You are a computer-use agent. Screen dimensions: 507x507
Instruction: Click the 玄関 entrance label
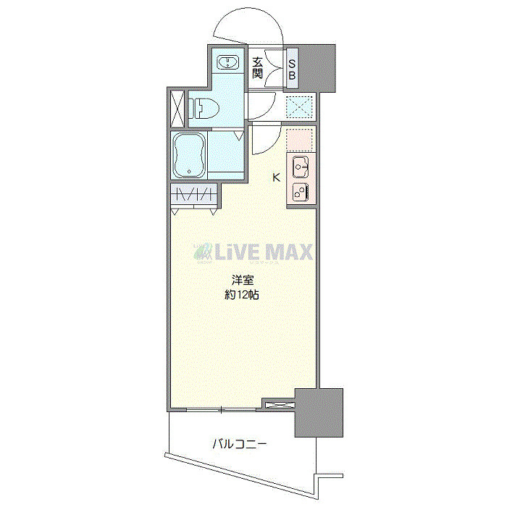[257, 68]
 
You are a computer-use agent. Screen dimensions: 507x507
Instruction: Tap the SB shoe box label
[293, 68]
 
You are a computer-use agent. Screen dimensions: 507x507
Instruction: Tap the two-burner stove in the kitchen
[301, 192]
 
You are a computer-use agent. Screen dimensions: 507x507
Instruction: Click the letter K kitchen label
[275, 176]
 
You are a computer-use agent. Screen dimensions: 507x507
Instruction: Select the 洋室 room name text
[242, 280]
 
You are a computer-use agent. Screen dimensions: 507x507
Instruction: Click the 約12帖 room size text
[242, 295]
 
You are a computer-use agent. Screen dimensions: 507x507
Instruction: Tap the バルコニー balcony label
[238, 443]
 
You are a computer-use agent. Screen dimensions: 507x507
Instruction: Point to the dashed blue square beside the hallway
[298, 107]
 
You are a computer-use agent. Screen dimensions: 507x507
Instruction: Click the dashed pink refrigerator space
[298, 139]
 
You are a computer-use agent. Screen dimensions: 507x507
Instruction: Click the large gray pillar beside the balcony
[318, 412]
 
